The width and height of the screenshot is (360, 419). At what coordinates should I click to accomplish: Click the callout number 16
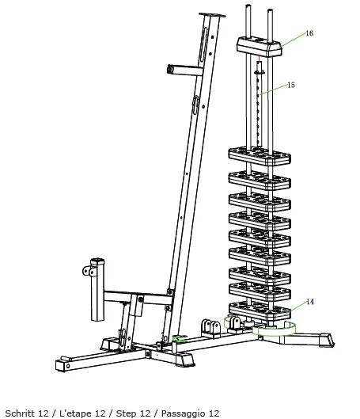[309, 33]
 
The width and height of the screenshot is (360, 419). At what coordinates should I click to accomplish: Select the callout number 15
[290, 85]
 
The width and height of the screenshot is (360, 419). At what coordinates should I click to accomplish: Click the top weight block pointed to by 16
[259, 48]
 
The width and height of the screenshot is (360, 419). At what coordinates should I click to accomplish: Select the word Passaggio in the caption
[176, 413]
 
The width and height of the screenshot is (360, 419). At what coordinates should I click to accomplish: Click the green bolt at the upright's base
[180, 339]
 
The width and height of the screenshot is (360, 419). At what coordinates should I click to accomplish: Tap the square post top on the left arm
[98, 261]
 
